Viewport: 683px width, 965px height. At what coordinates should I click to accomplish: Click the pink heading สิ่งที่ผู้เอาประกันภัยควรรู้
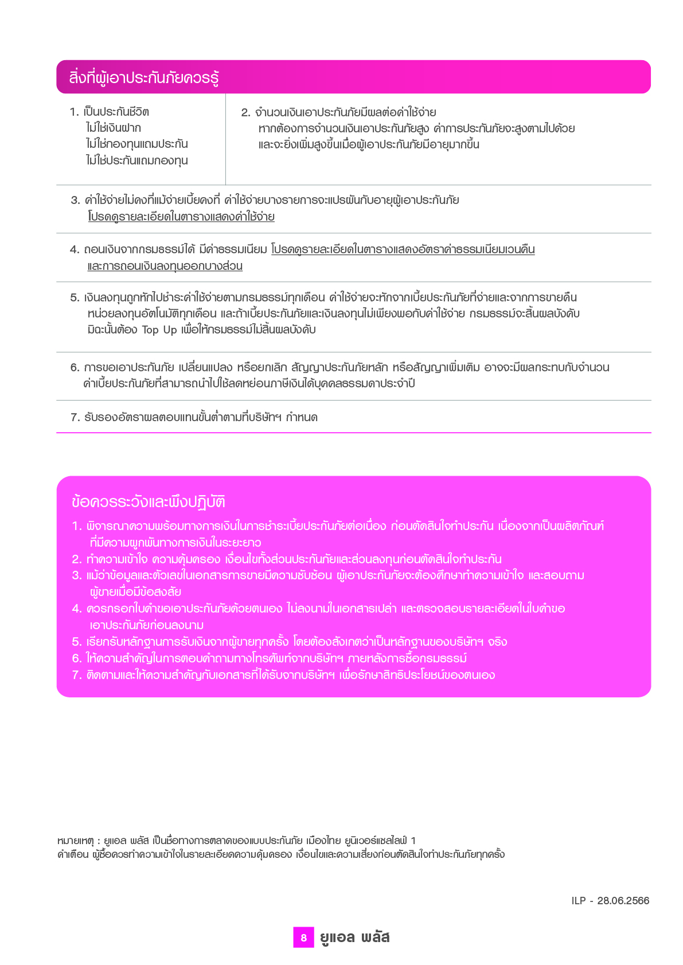click(x=144, y=77)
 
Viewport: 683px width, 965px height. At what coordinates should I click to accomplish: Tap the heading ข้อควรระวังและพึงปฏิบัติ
click(x=149, y=502)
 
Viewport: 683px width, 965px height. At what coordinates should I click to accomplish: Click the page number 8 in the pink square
click(x=303, y=937)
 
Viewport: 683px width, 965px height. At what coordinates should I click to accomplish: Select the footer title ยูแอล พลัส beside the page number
click(x=355, y=937)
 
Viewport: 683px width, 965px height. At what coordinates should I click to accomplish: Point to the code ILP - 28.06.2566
click(x=610, y=900)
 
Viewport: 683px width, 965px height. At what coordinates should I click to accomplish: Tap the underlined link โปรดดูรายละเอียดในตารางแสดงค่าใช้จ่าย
click(x=181, y=217)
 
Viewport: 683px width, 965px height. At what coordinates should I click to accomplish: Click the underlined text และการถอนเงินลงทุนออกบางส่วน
click(x=165, y=266)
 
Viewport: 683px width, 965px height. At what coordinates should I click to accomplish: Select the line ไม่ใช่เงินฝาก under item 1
click(x=114, y=128)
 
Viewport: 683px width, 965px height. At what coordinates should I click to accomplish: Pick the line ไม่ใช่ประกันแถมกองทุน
click(x=137, y=160)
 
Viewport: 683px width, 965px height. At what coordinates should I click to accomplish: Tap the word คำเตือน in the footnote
click(x=73, y=854)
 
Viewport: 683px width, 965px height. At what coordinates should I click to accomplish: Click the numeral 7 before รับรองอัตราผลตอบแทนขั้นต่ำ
click(x=74, y=418)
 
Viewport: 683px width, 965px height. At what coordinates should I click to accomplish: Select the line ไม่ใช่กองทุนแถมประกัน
click(x=137, y=144)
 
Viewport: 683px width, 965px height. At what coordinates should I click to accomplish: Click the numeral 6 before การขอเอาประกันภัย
click(x=74, y=368)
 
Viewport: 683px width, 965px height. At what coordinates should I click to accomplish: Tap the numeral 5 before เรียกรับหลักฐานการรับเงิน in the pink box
click(x=76, y=642)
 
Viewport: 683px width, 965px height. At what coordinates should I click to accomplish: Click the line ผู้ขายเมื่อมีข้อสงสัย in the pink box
click(x=135, y=592)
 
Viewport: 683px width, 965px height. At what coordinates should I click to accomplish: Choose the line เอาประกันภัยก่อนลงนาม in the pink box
click(x=147, y=625)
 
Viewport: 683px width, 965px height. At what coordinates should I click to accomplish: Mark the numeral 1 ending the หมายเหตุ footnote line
click(x=413, y=841)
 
